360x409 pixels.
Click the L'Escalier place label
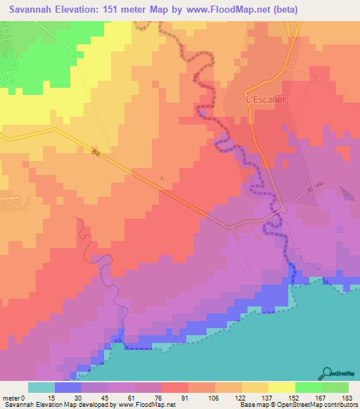click(x=264, y=100)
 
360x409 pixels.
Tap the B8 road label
click(x=96, y=151)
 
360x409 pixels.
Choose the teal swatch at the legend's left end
click(x=41, y=387)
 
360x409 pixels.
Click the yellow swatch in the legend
click(x=281, y=387)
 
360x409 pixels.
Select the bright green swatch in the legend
click(x=308, y=387)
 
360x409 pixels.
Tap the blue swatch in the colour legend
click(x=68, y=387)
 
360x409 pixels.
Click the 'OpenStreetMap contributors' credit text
click(x=322, y=405)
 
